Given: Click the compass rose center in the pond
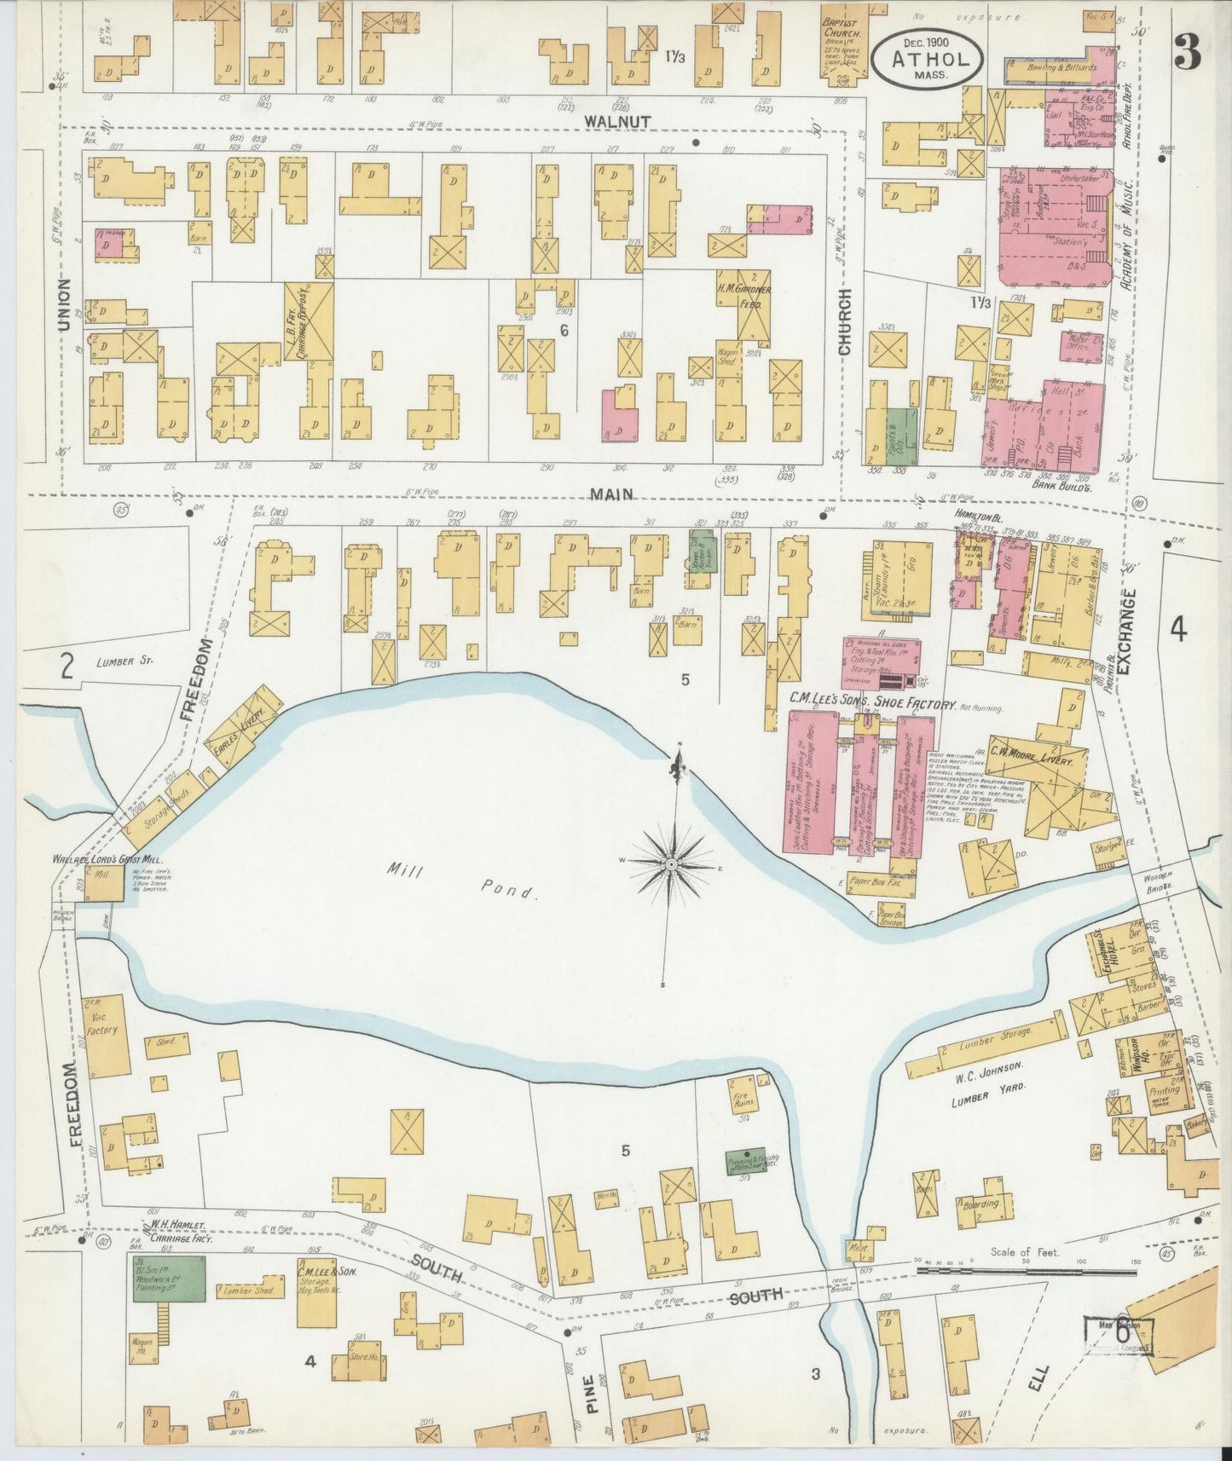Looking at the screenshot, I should [673, 864].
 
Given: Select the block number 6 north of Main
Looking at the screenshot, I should [564, 329].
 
